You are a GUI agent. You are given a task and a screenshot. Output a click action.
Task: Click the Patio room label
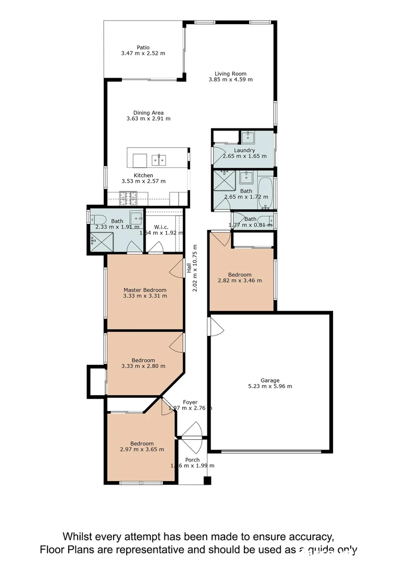143,48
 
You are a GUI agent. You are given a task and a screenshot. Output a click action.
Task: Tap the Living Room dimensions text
230,80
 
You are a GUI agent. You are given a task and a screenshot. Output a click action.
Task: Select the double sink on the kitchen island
159,159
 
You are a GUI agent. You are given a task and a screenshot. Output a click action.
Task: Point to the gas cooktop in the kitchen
128,198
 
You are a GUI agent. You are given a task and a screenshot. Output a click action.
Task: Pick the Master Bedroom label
145,290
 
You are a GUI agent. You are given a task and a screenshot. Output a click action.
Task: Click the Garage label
270,380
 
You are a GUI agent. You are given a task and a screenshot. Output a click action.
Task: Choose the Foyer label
190,402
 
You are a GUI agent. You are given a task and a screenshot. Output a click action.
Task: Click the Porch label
192,460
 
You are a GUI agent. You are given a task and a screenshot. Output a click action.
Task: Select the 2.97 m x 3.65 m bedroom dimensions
142,450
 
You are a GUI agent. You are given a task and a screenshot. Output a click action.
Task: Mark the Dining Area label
149,113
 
